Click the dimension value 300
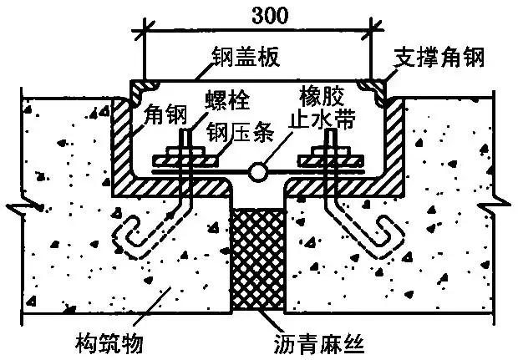click(258, 14)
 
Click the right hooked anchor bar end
click(386, 234)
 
